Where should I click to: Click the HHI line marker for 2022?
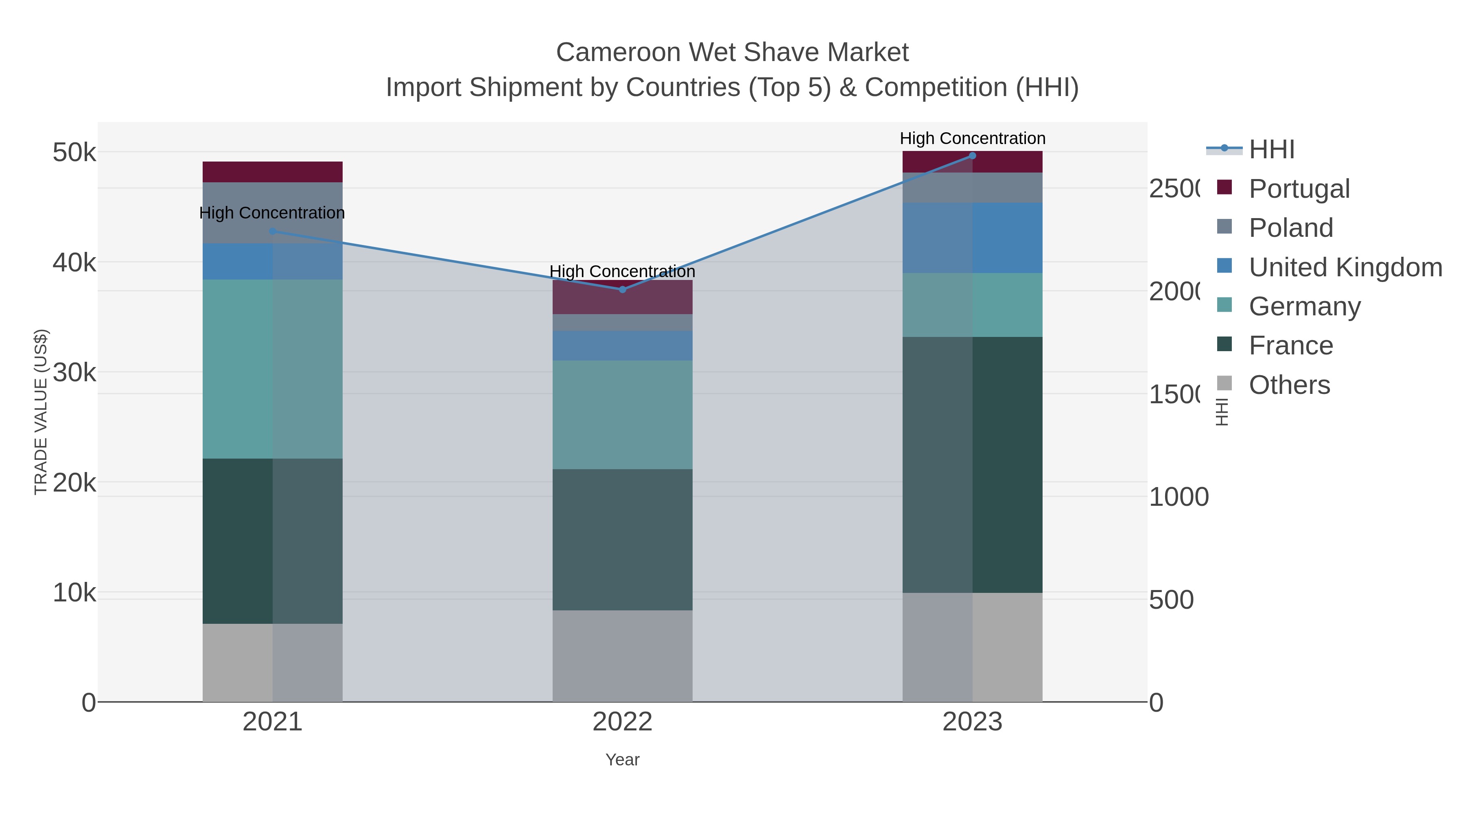(x=622, y=289)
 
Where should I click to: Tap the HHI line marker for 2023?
(x=972, y=156)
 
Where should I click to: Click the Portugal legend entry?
(x=1299, y=189)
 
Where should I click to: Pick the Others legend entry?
(x=1289, y=385)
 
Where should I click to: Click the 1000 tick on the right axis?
(x=1179, y=497)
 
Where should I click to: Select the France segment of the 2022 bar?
(x=622, y=539)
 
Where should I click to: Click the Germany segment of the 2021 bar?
(x=272, y=369)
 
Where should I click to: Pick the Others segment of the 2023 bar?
(x=972, y=647)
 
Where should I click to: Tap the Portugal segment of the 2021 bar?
(x=272, y=172)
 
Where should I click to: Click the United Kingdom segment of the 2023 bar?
(x=972, y=238)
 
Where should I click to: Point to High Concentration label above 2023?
(x=972, y=139)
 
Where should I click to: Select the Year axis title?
(x=622, y=760)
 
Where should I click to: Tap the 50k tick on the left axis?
(x=74, y=153)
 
